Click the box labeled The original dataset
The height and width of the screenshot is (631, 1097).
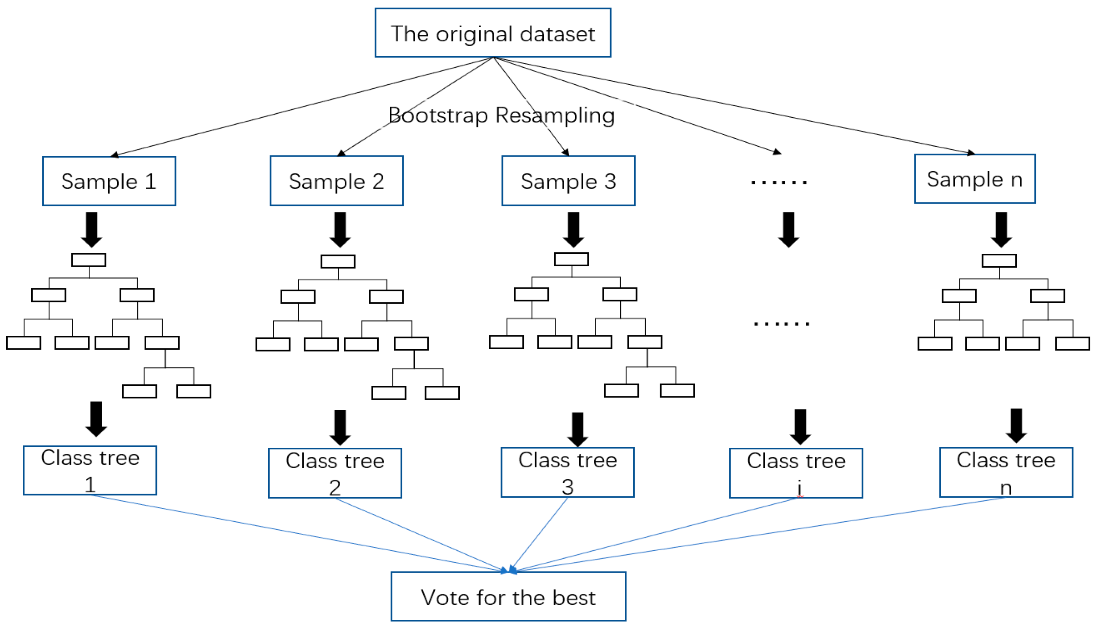pyautogui.click(x=492, y=33)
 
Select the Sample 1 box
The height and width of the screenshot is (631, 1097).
pyautogui.click(x=109, y=181)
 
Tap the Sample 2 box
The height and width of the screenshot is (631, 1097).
pyautogui.click(x=336, y=181)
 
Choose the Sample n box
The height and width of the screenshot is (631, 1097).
pyautogui.click(x=974, y=179)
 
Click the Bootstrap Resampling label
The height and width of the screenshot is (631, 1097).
pyautogui.click(x=501, y=115)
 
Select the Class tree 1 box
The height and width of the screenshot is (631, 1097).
pyautogui.click(x=90, y=470)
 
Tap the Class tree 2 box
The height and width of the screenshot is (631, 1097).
pyautogui.click(x=334, y=473)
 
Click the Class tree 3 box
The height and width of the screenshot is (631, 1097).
pyautogui.click(x=567, y=472)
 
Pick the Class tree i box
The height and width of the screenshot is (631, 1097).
pyautogui.click(x=796, y=473)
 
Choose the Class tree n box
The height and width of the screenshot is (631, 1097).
pyautogui.click(x=1006, y=472)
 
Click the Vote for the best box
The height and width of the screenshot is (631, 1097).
pyautogui.click(x=508, y=596)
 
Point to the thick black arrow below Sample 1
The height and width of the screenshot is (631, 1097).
pyautogui.click(x=91, y=229)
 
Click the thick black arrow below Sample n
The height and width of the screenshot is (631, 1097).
pyautogui.click(x=1001, y=229)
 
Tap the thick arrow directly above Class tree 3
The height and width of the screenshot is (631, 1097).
pyautogui.click(x=577, y=429)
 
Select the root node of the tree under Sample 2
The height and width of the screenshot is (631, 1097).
pyautogui.click(x=338, y=261)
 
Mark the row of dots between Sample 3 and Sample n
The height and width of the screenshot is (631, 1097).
pyautogui.click(x=779, y=182)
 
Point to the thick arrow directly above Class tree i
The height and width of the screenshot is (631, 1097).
pyautogui.click(x=800, y=426)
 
